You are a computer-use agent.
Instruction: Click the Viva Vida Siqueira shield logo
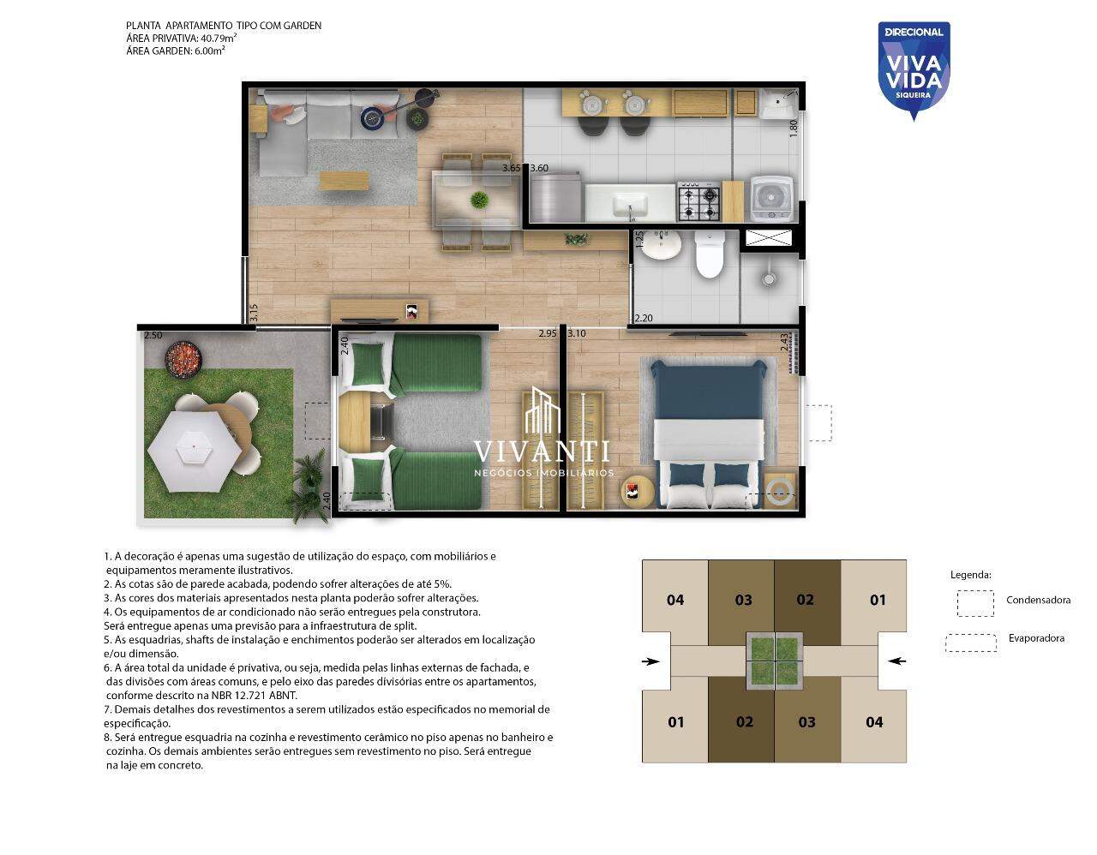click(x=914, y=70)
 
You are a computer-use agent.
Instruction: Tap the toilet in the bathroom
click(x=710, y=255)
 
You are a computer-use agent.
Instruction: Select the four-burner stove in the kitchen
click(x=698, y=201)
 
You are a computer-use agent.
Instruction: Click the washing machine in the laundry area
click(x=772, y=198)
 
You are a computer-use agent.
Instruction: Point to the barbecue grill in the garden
click(x=183, y=357)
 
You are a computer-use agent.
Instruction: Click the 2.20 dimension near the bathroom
click(x=643, y=319)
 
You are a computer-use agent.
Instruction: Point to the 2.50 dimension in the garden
click(x=153, y=336)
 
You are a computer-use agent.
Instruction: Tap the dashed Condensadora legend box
click(x=975, y=603)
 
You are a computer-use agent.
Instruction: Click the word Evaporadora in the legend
click(x=1036, y=638)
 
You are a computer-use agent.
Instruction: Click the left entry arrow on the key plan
click(x=650, y=661)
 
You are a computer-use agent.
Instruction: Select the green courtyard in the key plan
click(x=775, y=661)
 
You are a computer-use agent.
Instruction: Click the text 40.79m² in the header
click(x=219, y=38)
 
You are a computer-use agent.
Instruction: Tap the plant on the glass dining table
click(x=478, y=200)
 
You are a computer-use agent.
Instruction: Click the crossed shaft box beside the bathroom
click(x=769, y=237)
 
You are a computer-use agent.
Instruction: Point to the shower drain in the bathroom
click(x=769, y=278)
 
